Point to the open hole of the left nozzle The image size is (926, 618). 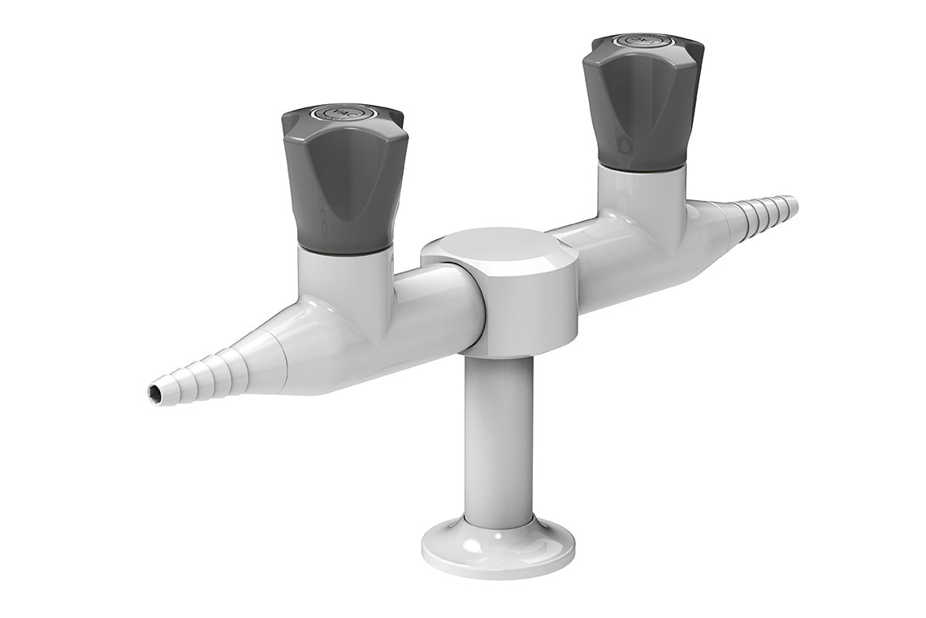click(x=154, y=394)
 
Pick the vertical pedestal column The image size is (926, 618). click(x=499, y=439)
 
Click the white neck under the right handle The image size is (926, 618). click(x=642, y=199)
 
